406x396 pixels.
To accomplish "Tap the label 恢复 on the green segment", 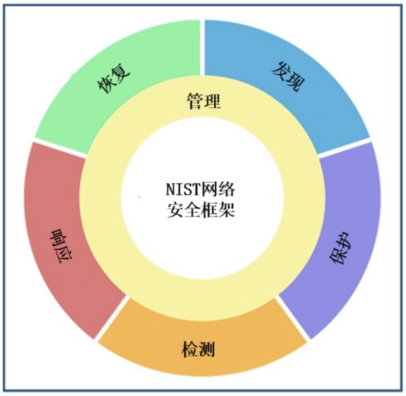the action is (114, 79).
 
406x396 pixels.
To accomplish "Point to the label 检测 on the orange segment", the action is (197, 349).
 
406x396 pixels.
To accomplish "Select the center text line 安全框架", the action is (201, 211).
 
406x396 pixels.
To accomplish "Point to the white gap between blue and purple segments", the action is (346, 148).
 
